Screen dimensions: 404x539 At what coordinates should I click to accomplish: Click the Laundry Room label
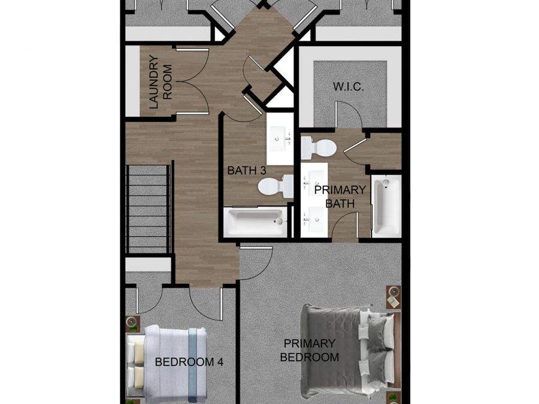click(x=161, y=82)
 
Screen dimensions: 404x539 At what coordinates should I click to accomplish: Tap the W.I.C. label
click(x=349, y=87)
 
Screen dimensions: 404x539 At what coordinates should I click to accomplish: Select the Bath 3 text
click(x=247, y=171)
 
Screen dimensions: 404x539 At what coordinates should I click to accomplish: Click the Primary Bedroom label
click(x=310, y=350)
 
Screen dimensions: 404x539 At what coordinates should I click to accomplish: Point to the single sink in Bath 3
click(x=278, y=139)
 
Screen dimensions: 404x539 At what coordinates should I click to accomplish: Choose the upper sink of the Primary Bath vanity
click(x=314, y=179)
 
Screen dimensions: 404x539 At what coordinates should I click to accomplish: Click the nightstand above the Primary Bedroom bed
click(x=393, y=297)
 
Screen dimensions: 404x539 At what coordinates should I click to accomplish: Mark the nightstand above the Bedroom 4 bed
click(x=132, y=324)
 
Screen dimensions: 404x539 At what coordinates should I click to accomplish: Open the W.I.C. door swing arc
click(x=348, y=114)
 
